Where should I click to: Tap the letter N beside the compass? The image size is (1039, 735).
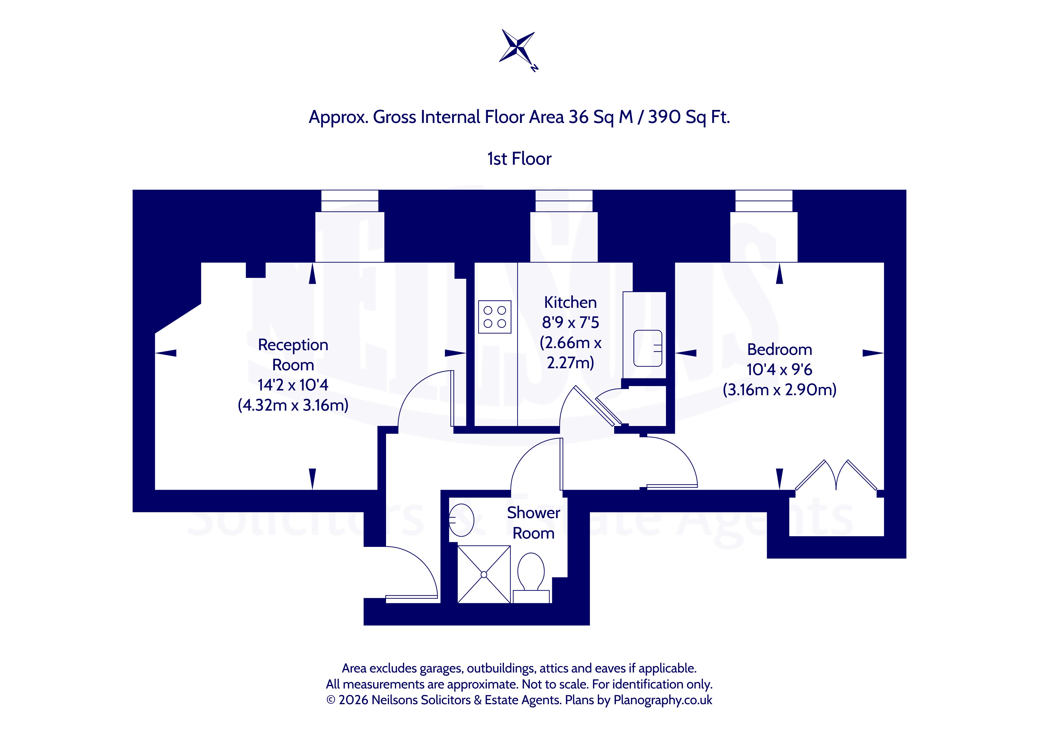click(x=535, y=68)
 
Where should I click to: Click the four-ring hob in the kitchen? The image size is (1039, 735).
click(x=494, y=317)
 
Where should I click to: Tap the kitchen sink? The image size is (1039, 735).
click(x=648, y=348)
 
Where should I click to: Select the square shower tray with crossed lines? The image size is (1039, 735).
click(x=484, y=574)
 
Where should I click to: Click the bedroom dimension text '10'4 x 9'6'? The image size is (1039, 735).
click(x=779, y=369)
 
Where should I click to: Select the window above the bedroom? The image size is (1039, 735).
click(x=764, y=201)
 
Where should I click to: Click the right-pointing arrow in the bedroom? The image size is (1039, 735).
click(x=873, y=353)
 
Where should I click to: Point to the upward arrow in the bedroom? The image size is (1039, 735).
click(x=779, y=274)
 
